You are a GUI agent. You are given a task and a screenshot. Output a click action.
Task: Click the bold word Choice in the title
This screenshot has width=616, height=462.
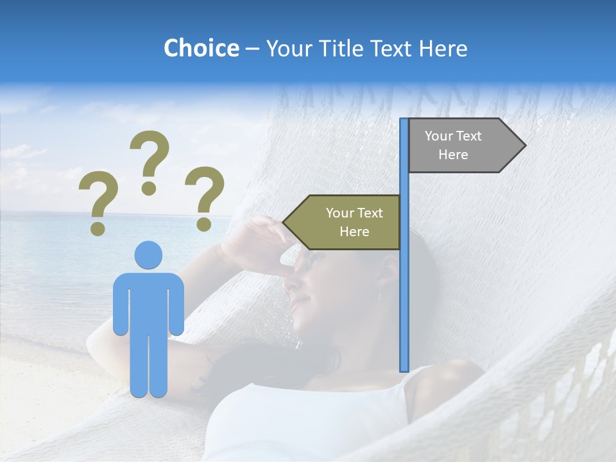tap(201, 48)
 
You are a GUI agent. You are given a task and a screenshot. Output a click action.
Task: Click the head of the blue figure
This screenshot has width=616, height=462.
tap(148, 255)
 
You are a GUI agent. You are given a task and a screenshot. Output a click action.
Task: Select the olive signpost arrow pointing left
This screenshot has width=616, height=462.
tap(343, 222)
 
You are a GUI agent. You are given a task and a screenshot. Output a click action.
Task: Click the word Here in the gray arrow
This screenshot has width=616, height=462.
tap(453, 155)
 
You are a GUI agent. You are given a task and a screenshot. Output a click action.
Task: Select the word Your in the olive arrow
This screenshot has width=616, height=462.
tap(339, 213)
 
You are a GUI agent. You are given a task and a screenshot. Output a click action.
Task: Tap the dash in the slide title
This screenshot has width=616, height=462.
tap(252, 49)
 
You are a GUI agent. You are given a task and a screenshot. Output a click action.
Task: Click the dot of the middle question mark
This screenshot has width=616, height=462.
tap(149, 188)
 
